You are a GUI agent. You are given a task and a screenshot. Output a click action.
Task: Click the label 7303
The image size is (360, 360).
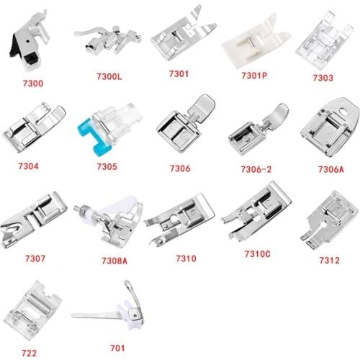322,76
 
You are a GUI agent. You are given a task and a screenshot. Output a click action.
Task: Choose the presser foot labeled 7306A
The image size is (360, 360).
327,130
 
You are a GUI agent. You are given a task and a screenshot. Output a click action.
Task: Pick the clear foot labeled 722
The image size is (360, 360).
35,307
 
